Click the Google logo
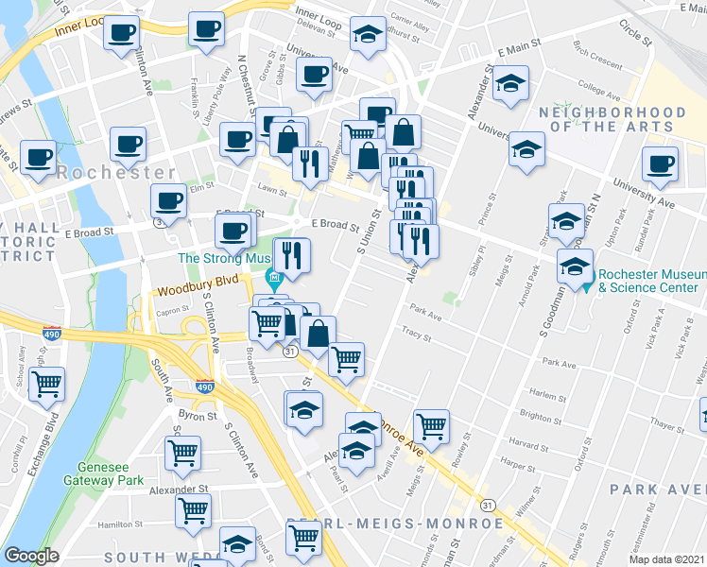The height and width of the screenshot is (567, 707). coord(31,556)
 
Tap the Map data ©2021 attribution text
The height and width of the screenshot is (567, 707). coord(665,559)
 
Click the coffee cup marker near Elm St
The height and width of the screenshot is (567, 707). coord(169,200)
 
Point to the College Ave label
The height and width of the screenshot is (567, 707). coord(597,92)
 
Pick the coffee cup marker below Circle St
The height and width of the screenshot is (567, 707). coord(659,163)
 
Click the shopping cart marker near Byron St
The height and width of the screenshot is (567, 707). coord(182,452)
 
